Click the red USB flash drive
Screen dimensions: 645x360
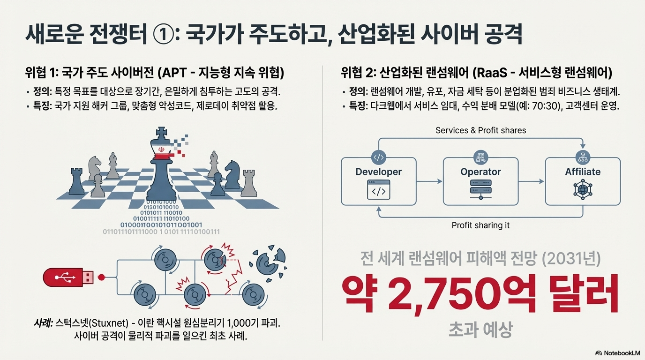[68, 277]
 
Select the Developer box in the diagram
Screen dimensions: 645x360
[378, 181]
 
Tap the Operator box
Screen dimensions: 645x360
[480, 181]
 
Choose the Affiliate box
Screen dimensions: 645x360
[583, 181]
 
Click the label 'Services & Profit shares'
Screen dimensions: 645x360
[480, 130]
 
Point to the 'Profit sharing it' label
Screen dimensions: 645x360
[480, 225]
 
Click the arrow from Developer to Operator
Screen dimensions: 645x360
[429, 181]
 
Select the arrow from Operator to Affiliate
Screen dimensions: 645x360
[532, 181]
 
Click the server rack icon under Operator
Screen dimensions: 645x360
[480, 191]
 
